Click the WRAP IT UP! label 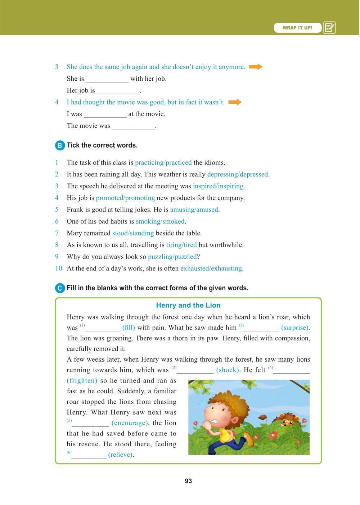[x=297, y=28]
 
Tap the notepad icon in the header [x=329, y=28]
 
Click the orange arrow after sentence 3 [x=256, y=67]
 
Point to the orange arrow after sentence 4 [x=235, y=102]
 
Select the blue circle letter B [x=60, y=146]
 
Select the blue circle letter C [x=60, y=288]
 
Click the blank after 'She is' [x=107, y=79]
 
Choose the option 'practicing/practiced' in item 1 [x=163, y=162]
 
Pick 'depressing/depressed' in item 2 [x=238, y=174]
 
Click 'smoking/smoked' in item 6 [x=160, y=222]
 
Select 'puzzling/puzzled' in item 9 [x=172, y=257]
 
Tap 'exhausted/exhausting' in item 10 [x=211, y=268]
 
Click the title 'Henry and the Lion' [x=188, y=305]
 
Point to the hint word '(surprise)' [x=294, y=328]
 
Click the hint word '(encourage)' [x=129, y=423]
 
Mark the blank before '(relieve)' [x=89, y=455]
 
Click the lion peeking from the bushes [x=288, y=419]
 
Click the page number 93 [x=188, y=481]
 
